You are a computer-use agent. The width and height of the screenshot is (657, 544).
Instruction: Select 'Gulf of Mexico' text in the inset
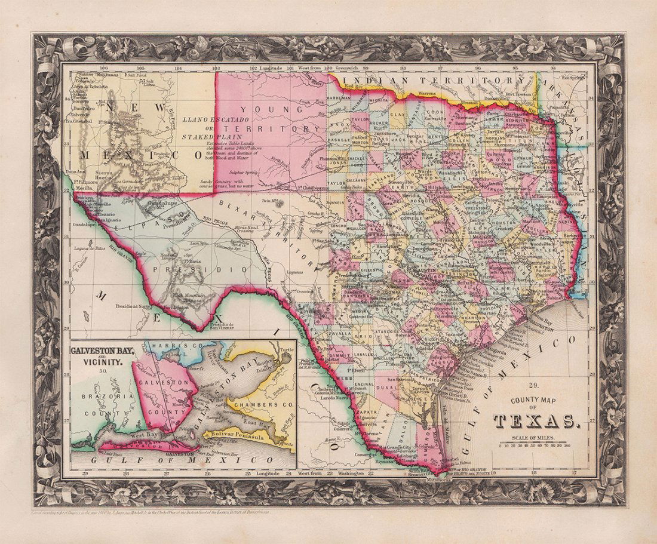pos(179,460)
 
